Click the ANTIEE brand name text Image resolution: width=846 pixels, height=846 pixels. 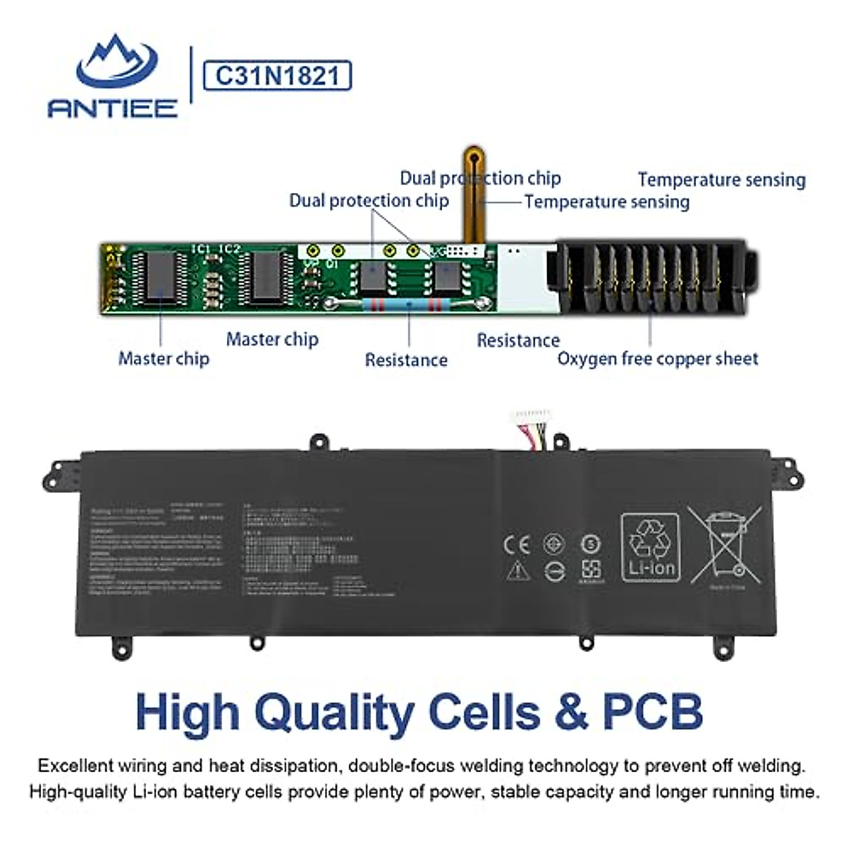click(113, 107)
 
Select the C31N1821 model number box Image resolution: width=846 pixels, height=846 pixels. click(276, 75)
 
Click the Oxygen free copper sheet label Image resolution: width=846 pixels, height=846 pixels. click(658, 359)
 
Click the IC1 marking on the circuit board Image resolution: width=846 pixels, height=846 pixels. click(202, 249)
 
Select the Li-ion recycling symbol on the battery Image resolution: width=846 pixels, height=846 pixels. click(651, 547)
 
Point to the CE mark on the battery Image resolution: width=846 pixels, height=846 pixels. click(516, 544)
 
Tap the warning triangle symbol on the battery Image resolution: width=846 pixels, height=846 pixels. click(517, 570)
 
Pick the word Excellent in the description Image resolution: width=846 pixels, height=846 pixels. click(75, 766)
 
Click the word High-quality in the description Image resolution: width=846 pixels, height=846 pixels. click(78, 792)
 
